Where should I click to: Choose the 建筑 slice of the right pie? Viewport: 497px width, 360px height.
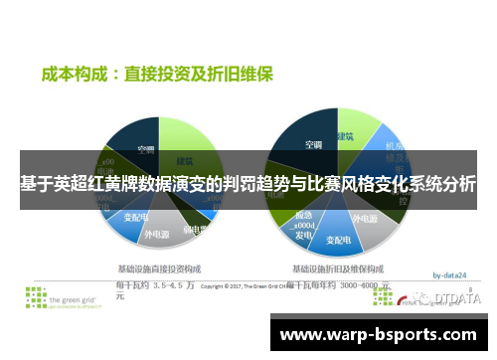346,136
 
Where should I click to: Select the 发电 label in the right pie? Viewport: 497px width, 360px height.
302,237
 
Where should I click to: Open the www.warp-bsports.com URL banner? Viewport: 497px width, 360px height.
382,333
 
